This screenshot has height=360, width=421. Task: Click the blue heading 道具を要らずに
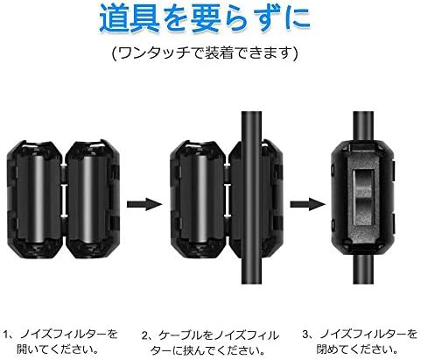click(210, 19)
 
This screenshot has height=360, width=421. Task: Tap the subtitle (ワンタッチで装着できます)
click(210, 53)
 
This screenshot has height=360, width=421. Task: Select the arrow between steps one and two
click(140, 204)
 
